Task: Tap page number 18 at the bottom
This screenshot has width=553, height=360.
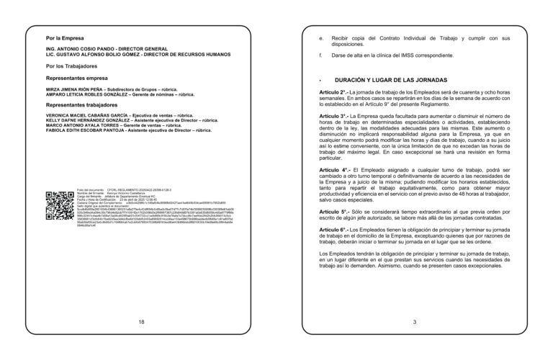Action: (141, 321)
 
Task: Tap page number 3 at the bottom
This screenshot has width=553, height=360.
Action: (415, 321)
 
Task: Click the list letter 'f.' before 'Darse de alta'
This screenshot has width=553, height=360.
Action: (320, 55)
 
